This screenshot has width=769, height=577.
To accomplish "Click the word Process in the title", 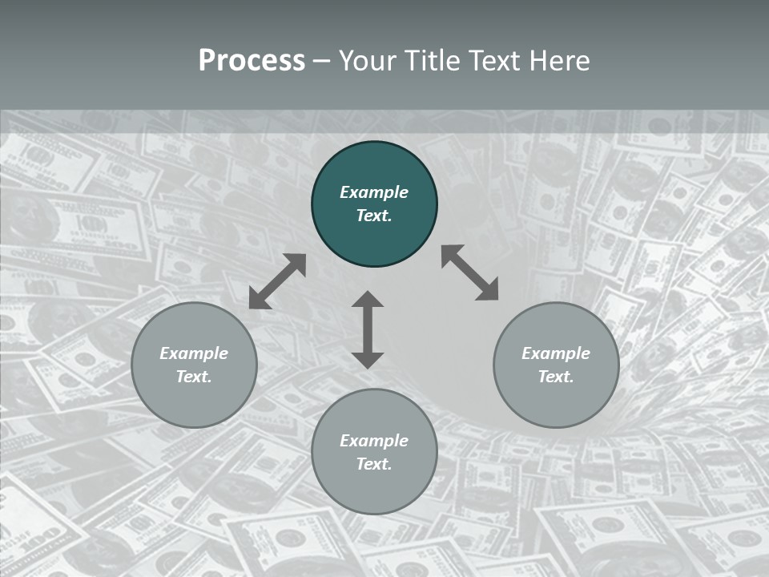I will click(x=252, y=61).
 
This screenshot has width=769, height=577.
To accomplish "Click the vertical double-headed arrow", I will click(x=368, y=329).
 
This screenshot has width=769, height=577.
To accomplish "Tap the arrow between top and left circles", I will click(x=277, y=281).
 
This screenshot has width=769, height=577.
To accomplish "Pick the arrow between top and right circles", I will click(x=469, y=272).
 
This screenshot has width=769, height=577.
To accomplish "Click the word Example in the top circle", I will click(x=374, y=192).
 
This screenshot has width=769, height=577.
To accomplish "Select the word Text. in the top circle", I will click(x=374, y=216).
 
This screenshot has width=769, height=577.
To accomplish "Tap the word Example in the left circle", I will click(x=194, y=353).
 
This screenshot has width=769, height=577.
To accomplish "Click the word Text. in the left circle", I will click(x=194, y=377).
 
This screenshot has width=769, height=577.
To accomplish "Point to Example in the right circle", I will click(x=556, y=353).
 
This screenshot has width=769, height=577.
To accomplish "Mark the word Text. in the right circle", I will click(x=556, y=377).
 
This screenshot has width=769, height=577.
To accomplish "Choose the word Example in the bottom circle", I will click(x=374, y=441).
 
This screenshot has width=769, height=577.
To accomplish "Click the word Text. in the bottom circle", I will click(x=374, y=464).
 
